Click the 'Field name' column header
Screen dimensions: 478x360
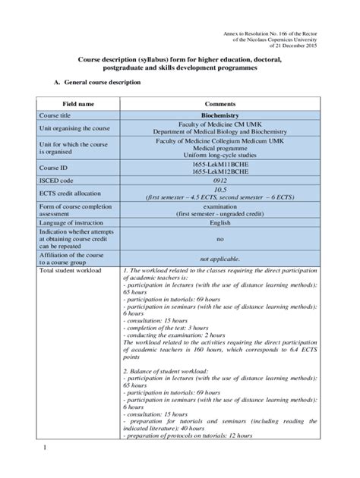pyautogui.click(x=79, y=103)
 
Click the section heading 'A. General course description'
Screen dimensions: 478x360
pyautogui.click(x=96, y=81)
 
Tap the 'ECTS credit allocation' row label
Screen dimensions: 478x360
pyautogui.click(x=74, y=193)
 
